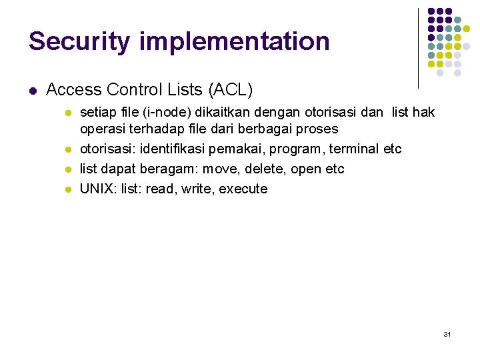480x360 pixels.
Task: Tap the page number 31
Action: click(447, 333)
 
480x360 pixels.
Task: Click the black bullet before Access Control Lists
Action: click(32, 90)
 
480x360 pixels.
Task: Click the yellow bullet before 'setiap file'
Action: click(67, 113)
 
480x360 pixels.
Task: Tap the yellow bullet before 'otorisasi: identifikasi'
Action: click(67, 149)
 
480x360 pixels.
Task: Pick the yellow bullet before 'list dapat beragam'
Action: click(67, 169)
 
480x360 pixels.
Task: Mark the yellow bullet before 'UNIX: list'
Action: click(67, 189)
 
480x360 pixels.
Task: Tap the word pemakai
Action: click(237, 149)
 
